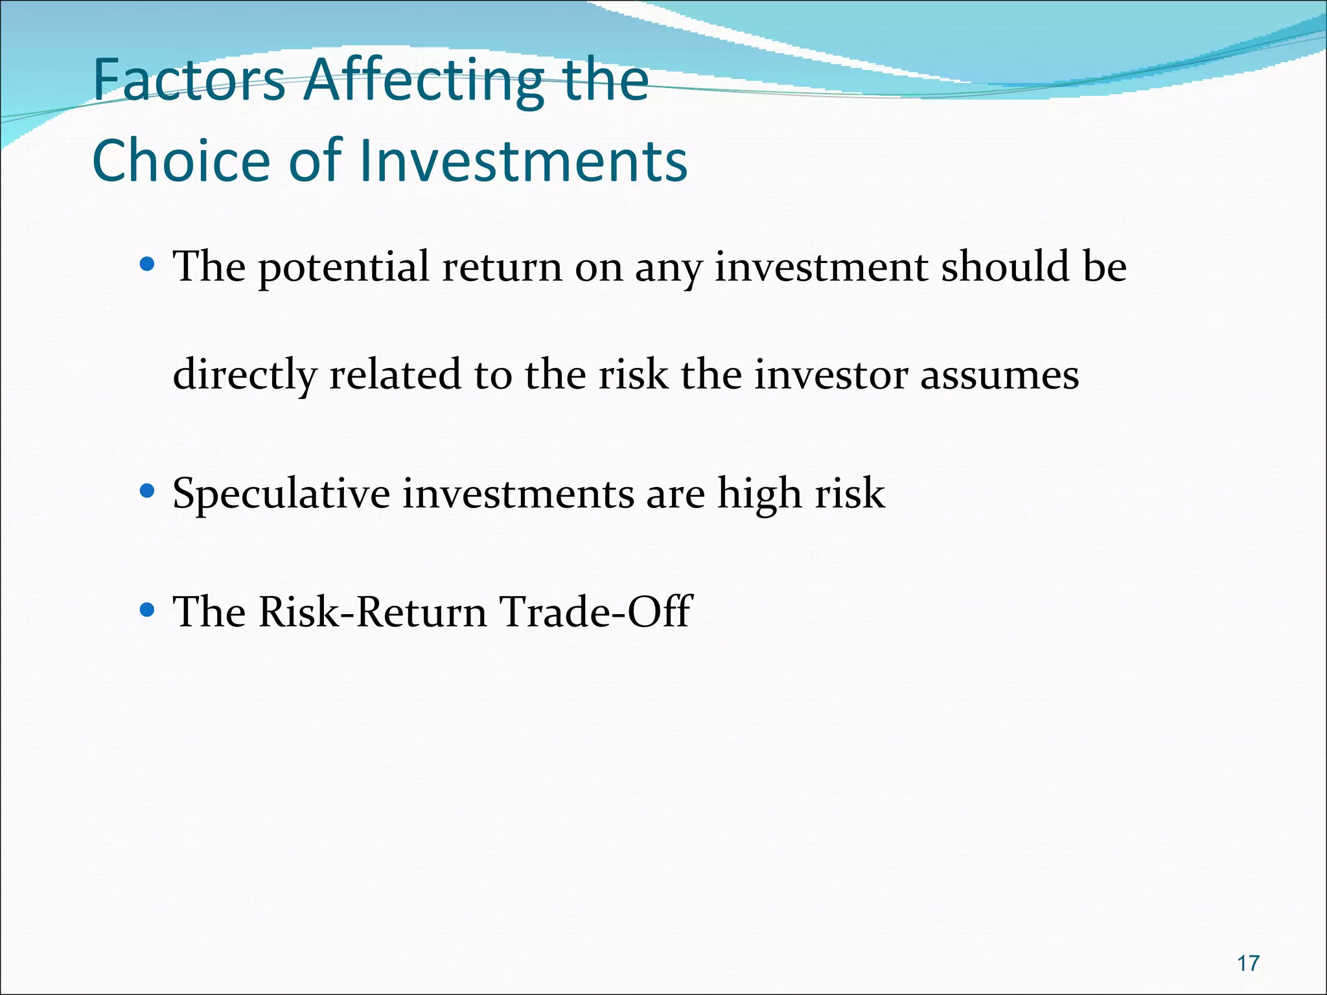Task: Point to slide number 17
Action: click(1248, 963)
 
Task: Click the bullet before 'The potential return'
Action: click(148, 264)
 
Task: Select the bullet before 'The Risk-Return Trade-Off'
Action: click(148, 610)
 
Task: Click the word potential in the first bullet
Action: click(343, 267)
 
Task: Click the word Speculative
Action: click(281, 494)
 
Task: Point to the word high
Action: click(759, 494)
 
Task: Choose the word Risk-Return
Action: click(373, 612)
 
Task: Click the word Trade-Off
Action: click(595, 612)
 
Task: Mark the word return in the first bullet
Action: click(502, 267)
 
